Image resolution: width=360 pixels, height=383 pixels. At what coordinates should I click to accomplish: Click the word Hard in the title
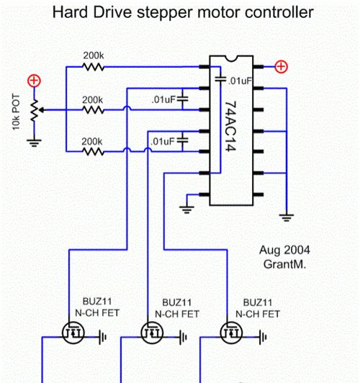coord(71,12)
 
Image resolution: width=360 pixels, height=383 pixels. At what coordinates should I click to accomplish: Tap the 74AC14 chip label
coord(230,126)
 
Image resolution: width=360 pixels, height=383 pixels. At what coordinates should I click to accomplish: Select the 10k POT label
coord(16,112)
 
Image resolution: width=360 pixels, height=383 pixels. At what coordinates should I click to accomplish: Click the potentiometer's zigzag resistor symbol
coord(34,110)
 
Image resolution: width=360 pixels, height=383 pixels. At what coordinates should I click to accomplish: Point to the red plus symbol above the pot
coord(34,81)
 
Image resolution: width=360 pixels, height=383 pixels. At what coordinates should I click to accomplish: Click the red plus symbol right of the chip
coord(282,67)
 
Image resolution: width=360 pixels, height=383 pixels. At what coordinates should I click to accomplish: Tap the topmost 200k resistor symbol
coord(94,67)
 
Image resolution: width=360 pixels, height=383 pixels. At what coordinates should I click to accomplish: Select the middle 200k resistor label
coord(92,100)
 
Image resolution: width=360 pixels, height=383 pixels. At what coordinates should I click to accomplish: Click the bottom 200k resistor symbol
coord(93,152)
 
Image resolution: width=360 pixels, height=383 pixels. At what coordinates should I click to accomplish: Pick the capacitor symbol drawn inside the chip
coord(220,79)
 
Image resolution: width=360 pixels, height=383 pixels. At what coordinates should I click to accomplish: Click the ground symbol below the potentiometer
coord(34,143)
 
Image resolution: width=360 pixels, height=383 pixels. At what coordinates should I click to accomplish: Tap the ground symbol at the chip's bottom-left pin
coord(186,209)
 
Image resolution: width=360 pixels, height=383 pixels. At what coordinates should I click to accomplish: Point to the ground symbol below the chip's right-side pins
coord(287,217)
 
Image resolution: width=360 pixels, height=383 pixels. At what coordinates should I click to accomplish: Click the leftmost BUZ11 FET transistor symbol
coord(73,333)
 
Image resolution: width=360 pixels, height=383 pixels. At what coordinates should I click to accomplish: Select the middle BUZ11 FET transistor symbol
coord(152,333)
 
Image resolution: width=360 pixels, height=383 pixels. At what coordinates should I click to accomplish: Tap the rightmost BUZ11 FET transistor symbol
coord(231,333)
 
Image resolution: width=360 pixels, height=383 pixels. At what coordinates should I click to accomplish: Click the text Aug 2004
coord(284,250)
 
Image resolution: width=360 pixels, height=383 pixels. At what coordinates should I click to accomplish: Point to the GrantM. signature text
coord(284,264)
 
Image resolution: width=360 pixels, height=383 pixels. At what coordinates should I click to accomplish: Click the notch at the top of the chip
coord(231,58)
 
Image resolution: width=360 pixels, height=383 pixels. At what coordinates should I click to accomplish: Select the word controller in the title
coord(279,12)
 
